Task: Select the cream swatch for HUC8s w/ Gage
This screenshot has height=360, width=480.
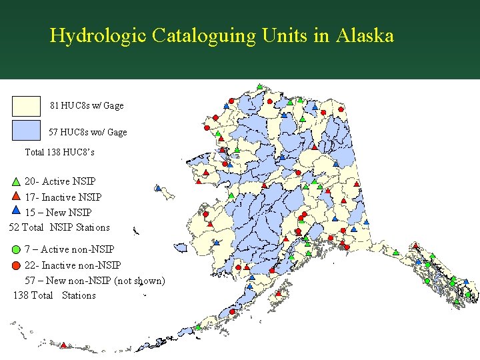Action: coord(27,106)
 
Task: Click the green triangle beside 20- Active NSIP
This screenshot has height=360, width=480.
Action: coord(16,181)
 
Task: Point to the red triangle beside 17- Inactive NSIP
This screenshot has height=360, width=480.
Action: coord(16,197)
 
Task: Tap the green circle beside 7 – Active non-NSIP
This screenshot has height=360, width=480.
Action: coord(16,250)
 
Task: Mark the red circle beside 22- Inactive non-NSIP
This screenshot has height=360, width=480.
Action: coord(16,265)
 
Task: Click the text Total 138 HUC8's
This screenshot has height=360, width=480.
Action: coord(59,152)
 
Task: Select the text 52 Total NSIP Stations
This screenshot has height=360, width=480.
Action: coord(59,227)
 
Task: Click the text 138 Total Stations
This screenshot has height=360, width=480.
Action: coord(54,295)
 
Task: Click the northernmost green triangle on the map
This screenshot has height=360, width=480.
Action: coord(259,87)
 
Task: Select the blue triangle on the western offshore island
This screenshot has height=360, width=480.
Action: coord(158,188)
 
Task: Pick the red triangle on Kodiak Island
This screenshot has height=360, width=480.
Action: coord(279,292)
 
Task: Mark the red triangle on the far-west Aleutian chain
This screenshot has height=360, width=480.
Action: coord(64,345)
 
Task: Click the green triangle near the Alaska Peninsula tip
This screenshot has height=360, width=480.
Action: coord(199,327)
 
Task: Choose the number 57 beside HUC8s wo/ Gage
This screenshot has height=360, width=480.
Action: coord(53,132)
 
